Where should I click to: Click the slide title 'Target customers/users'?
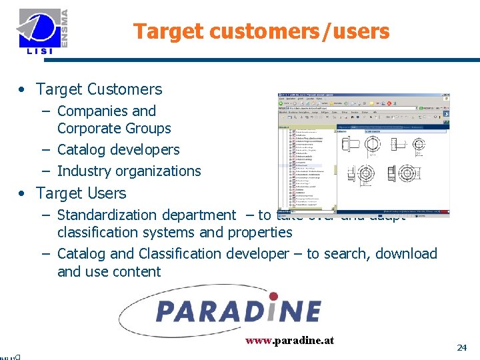261,31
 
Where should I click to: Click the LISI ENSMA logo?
44,32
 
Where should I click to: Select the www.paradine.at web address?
289,340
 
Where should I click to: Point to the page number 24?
461,347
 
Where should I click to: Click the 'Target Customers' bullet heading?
99,89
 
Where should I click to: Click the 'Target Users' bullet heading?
81,193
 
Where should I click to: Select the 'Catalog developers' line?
118,150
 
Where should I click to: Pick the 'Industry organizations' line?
129,171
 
